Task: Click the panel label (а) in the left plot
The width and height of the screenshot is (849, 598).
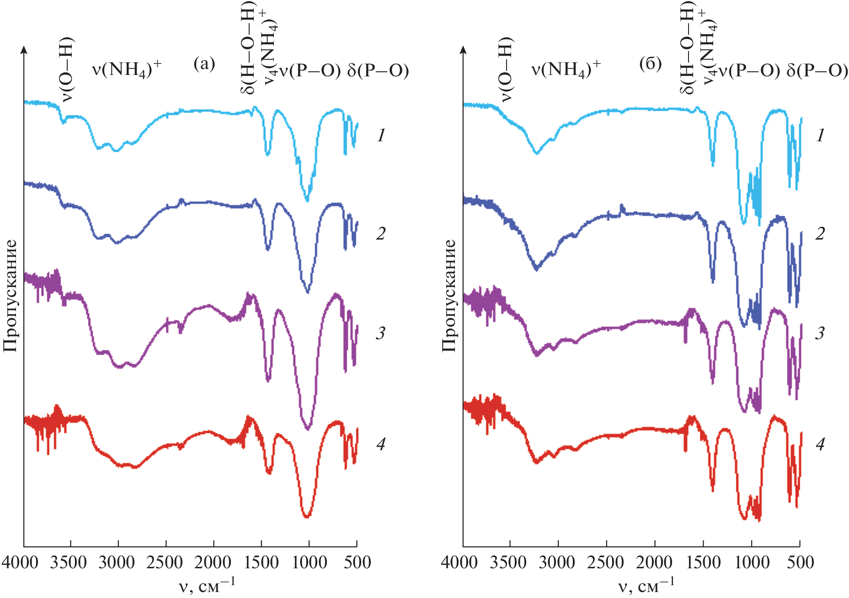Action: click(x=204, y=64)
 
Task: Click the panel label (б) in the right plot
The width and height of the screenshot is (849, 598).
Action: click(x=650, y=64)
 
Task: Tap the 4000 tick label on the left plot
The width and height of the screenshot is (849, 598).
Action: click(x=20, y=562)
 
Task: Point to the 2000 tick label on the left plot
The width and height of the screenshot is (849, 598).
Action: click(x=213, y=562)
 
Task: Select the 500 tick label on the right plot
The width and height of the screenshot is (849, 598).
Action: click(x=801, y=562)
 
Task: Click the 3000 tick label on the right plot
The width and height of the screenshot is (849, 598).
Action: click(x=557, y=562)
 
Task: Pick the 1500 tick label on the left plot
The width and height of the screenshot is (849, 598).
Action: click(x=262, y=562)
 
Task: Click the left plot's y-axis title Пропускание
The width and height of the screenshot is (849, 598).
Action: click(x=10, y=296)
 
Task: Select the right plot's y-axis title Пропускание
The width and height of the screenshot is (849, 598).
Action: click(x=449, y=296)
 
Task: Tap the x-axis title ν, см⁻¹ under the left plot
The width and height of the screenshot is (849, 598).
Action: click(x=207, y=586)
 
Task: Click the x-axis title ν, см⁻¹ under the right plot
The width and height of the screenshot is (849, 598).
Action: click(x=646, y=586)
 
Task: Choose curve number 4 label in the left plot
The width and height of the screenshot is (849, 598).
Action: click(x=381, y=444)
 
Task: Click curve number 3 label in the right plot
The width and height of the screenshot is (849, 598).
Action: click(x=820, y=333)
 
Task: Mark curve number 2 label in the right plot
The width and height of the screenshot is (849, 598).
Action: click(x=820, y=234)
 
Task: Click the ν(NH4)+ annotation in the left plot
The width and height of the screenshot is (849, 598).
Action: click(x=127, y=69)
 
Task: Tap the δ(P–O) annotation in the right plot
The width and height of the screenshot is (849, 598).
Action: click(x=817, y=70)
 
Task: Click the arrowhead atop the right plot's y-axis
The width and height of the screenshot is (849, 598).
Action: click(x=463, y=49)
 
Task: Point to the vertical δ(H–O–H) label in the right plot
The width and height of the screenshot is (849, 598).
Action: click(x=687, y=48)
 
